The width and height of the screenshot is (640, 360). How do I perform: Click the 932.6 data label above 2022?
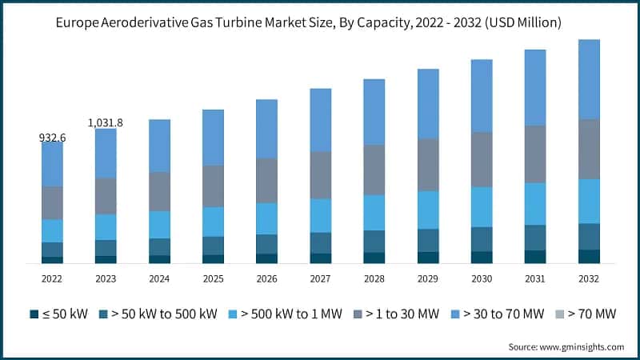[x=52, y=138]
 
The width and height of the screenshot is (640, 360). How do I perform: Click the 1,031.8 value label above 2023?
[x=106, y=122]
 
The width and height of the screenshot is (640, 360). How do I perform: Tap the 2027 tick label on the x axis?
[x=321, y=278]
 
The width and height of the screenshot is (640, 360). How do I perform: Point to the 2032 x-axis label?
[x=589, y=278]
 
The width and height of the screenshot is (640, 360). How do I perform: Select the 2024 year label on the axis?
[x=159, y=278]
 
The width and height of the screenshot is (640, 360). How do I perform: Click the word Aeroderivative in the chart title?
[x=166, y=23]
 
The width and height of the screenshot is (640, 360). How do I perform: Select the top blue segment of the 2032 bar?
[x=589, y=78]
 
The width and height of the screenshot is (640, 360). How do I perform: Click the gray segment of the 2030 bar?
[x=482, y=159]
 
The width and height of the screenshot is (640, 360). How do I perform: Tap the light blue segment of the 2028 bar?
[x=374, y=212]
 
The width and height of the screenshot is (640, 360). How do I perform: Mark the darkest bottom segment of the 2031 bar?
[x=535, y=256]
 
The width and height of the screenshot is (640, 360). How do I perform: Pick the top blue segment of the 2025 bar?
[x=213, y=137]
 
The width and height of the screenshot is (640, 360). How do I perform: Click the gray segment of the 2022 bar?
[x=52, y=202]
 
